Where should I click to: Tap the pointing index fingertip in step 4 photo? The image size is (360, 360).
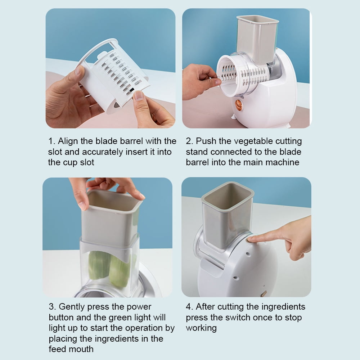(252, 238)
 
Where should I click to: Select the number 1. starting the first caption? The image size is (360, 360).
(51, 141)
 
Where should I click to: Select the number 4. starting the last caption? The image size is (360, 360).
(189, 307)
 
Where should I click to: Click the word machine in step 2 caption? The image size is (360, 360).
(282, 162)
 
